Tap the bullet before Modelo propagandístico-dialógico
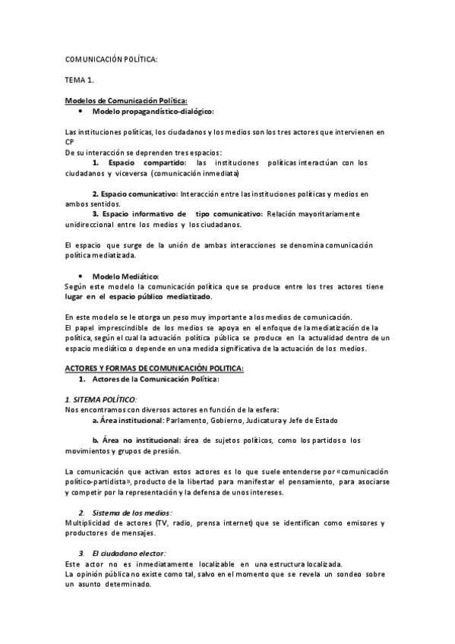[81, 111]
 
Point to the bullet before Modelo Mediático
[81, 276]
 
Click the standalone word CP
[70, 142]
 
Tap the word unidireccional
[90, 225]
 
